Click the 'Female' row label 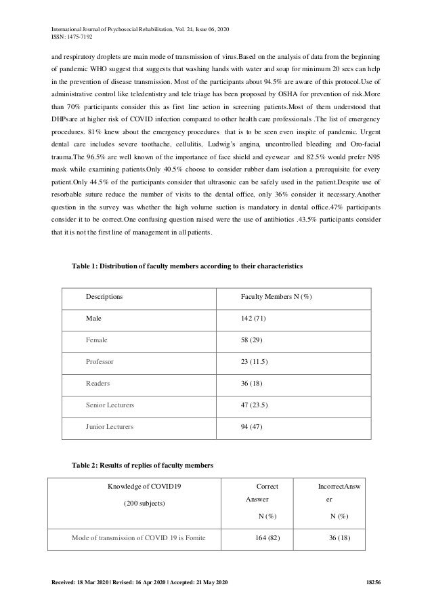click(x=97, y=340)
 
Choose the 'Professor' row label click(x=100, y=362)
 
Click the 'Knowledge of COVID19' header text click(x=146, y=486)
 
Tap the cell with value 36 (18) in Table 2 click(x=334, y=539)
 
